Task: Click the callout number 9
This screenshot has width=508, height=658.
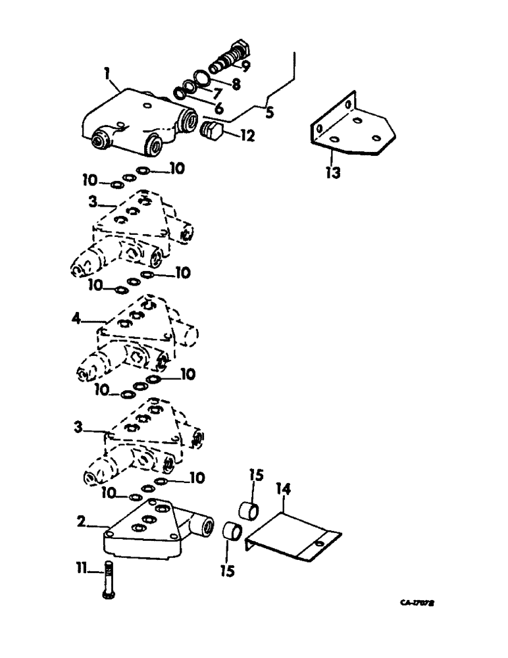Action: pos(245,66)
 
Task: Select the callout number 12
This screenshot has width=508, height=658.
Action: pos(247,137)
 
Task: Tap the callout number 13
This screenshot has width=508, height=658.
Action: pos(334,175)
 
